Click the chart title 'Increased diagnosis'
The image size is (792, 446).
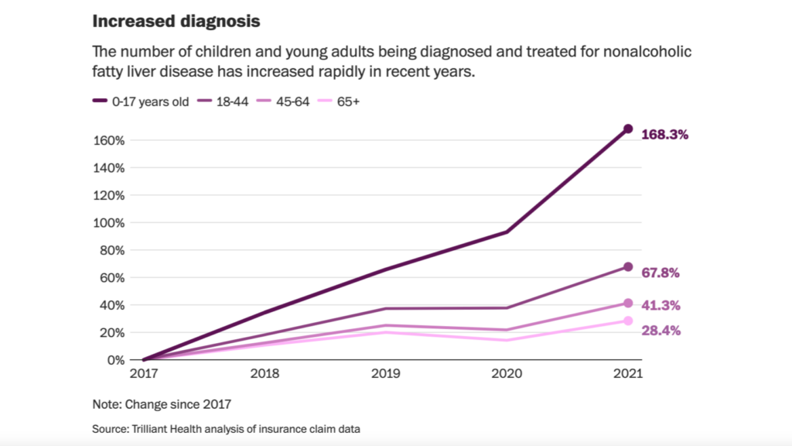coord(176,21)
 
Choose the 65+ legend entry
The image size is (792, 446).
coord(346,102)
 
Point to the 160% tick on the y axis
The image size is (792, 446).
coord(111,141)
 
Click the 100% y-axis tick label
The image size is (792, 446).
coord(111,223)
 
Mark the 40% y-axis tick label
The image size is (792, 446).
coord(114,305)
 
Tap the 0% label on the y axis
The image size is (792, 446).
coord(117,360)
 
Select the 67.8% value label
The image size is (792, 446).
coord(661,273)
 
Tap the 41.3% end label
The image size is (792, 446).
coord(661,305)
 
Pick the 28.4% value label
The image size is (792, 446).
coord(661,331)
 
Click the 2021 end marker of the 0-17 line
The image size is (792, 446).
coord(628,129)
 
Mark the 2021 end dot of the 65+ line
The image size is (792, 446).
coord(628,321)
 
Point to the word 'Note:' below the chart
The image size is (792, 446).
coord(107,403)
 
